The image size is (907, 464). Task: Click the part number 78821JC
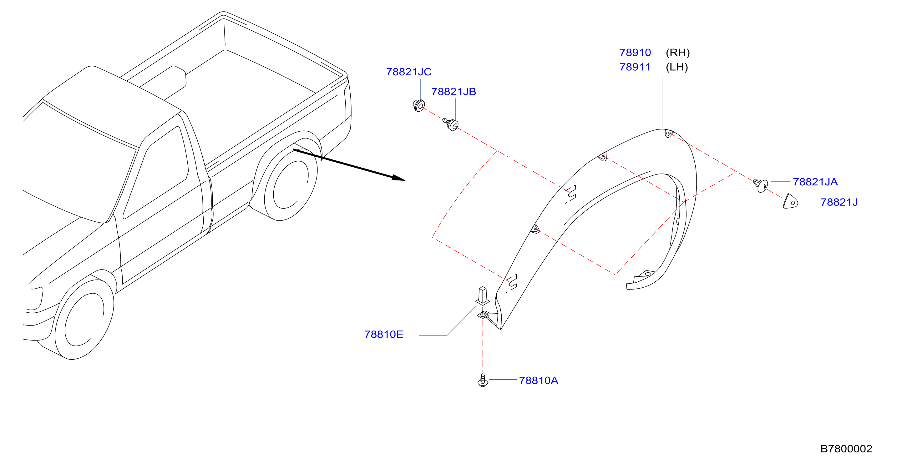click(x=408, y=72)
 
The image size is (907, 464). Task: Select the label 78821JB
click(x=453, y=92)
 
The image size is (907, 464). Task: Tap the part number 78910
click(x=635, y=53)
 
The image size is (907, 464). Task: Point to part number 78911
click(x=635, y=67)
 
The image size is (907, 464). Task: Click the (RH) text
click(x=677, y=53)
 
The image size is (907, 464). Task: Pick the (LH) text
click(x=677, y=67)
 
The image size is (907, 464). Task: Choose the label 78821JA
click(x=815, y=182)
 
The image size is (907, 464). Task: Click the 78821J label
click(x=839, y=202)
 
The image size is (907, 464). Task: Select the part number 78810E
click(x=384, y=334)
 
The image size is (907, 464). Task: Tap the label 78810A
click(x=538, y=380)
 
